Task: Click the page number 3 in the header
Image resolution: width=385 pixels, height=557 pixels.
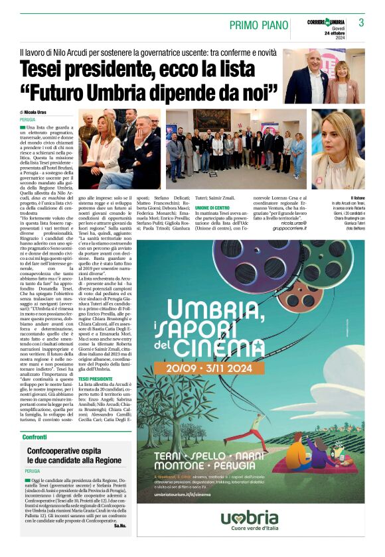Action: [x=361, y=23]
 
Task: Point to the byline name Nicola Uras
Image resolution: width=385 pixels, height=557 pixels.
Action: [x=38, y=113]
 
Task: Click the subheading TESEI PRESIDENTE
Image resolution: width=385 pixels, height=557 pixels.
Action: [x=96, y=379]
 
